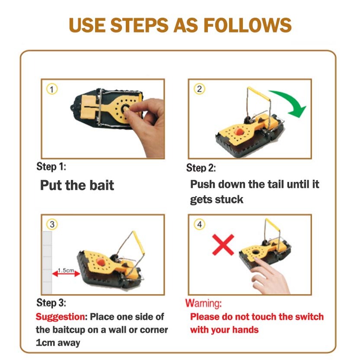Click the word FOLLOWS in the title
click(x=248, y=25)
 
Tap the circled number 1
click(x=52, y=89)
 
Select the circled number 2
click(x=199, y=89)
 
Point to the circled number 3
click(x=52, y=224)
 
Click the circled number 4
click(x=199, y=224)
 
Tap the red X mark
click(x=223, y=245)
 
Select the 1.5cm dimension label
click(x=66, y=270)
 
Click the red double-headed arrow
click(x=66, y=274)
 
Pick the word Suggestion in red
click(x=61, y=317)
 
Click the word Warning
click(x=204, y=303)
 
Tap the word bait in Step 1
click(x=102, y=185)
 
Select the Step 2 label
click(x=201, y=168)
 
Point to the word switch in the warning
click(x=309, y=317)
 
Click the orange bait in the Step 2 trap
click(x=239, y=132)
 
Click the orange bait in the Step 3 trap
click(x=101, y=261)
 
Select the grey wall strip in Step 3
click(x=47, y=263)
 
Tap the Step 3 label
click(x=51, y=303)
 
